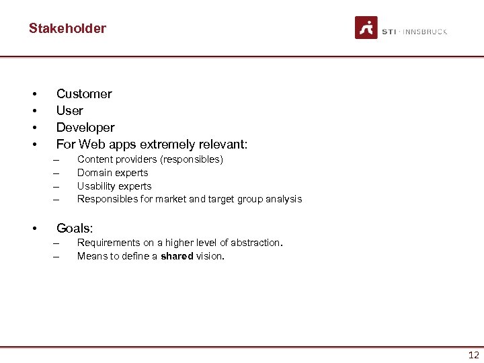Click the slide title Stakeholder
point(67,28)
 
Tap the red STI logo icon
point(366,28)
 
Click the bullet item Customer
point(84,94)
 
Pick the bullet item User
point(70,111)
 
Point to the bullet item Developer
point(85,128)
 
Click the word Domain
point(94,173)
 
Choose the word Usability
point(97,186)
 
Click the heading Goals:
point(75,229)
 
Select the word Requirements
point(108,243)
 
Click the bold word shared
point(177,256)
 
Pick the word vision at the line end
point(209,256)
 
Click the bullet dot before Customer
point(32,94)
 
